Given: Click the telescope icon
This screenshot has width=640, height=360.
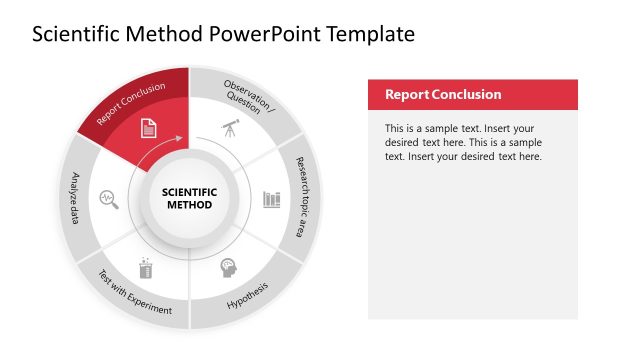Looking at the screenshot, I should [x=230, y=127].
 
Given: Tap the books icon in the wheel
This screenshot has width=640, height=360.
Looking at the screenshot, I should [x=271, y=198].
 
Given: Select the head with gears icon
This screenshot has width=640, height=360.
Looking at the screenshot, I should [x=228, y=268].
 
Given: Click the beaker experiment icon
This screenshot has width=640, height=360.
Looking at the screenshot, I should [x=147, y=268].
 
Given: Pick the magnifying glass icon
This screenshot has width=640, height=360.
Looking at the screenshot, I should [x=108, y=198].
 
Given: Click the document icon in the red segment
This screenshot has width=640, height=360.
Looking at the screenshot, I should [x=148, y=127].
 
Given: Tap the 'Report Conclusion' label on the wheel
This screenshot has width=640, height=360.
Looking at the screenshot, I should [x=131, y=104].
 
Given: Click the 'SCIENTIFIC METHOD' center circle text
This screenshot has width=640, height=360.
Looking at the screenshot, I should [x=189, y=198].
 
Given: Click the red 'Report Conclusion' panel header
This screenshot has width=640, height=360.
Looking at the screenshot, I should [x=473, y=95].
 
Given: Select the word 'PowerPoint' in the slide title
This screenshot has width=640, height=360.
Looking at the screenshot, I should [x=261, y=35].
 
